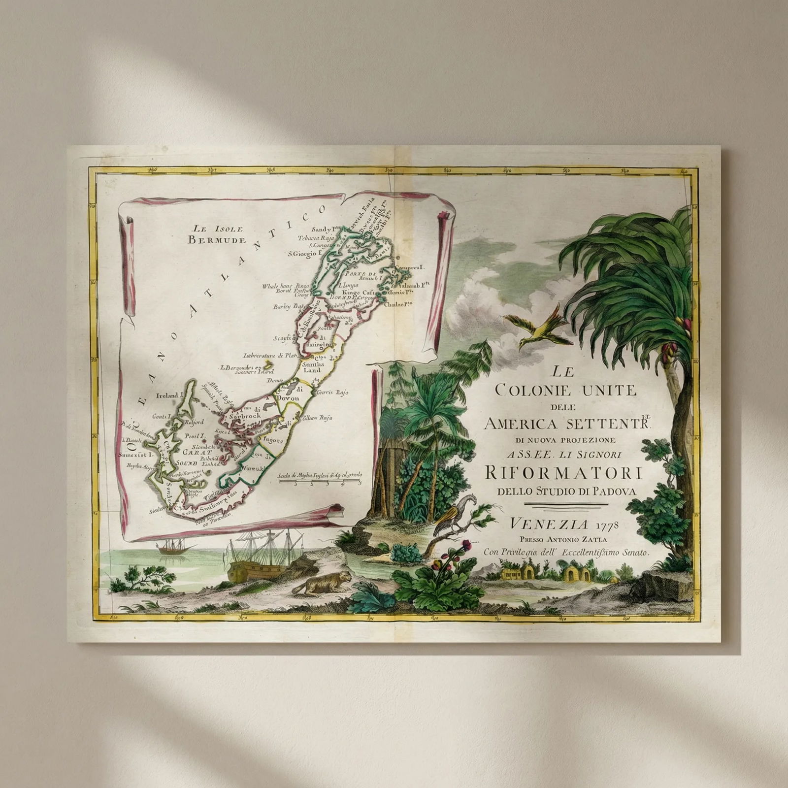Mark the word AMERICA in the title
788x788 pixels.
pyautogui.click(x=522, y=423)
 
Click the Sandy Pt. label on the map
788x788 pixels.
pyautogui.click(x=324, y=229)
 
